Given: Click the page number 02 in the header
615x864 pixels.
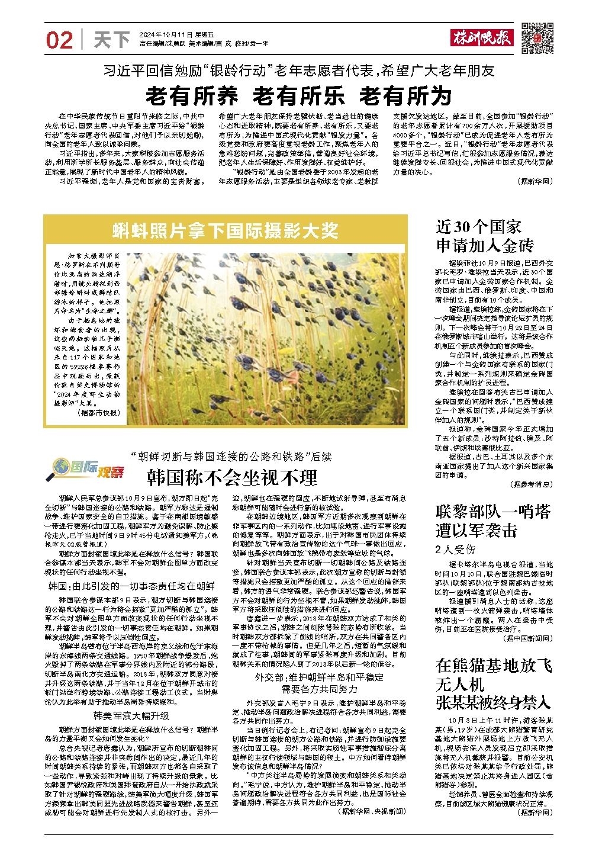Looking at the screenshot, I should click(x=59, y=40).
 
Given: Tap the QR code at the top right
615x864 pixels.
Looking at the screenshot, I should click(x=537, y=38).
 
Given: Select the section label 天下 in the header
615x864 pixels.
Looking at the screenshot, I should click(x=112, y=40).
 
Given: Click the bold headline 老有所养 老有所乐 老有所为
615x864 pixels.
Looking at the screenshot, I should click(x=298, y=95).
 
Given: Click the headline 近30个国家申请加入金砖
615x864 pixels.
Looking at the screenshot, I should click(x=485, y=236).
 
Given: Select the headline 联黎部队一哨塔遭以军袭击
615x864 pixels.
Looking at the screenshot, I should click(x=492, y=520).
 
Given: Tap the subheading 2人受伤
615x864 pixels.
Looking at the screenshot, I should click(x=455, y=548).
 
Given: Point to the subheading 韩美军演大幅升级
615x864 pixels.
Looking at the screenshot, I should click(x=131, y=715).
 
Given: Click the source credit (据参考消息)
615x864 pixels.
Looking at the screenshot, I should click(x=530, y=484).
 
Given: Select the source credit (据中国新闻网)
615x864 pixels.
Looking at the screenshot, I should click(x=527, y=639).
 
